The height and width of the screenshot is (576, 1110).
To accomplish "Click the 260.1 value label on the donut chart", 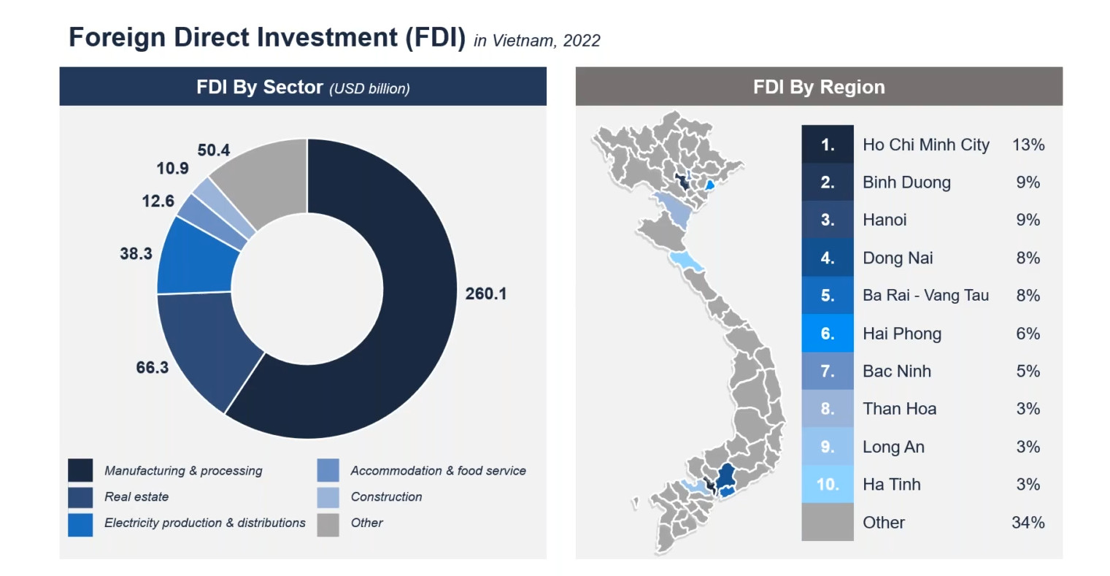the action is coord(485,294).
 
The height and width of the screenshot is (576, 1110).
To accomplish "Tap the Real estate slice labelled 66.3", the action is coord(208,347).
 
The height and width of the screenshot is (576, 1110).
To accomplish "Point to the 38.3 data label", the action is coord(136,254).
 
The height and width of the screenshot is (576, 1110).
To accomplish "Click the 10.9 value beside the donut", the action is coord(172,169).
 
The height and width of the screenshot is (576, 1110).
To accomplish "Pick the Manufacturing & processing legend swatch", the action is coord(80,470).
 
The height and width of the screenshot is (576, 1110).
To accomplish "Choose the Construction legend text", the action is coord(386,496).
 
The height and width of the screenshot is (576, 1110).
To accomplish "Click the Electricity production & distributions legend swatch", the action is coord(80,524).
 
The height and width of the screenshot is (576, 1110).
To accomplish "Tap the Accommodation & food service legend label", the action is coord(438,470).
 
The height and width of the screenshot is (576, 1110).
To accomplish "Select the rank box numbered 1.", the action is coord(828,145).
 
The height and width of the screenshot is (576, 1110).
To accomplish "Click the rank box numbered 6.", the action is coord(828,333).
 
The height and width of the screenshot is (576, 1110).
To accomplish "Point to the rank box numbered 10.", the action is coord(828,484).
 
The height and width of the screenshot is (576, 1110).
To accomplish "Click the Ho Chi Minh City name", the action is coord(925,145).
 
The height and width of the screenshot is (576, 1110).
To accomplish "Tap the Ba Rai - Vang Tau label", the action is coord(925,296).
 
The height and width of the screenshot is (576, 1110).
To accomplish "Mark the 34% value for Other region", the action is coord(1028,523).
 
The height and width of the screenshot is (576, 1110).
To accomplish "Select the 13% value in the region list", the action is coord(1028,145).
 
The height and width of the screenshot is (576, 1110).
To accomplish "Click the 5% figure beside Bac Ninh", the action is coord(1028,372).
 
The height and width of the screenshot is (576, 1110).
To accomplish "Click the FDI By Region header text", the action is coord(819,87).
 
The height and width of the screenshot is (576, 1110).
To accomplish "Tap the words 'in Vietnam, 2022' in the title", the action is coord(536,41).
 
